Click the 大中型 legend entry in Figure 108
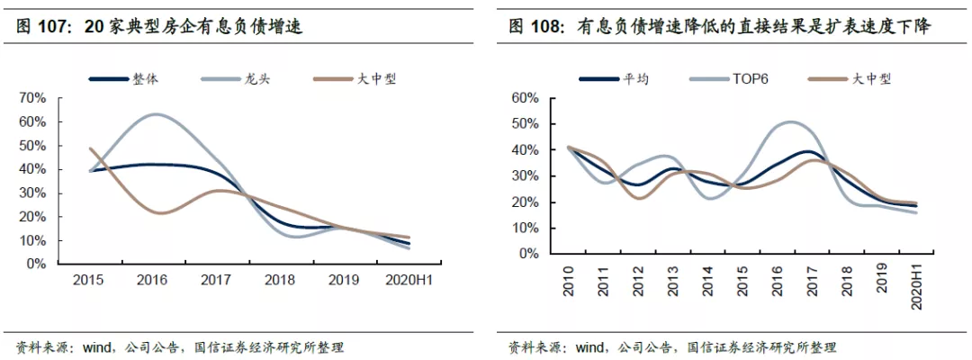(850, 78)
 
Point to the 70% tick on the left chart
(33, 98)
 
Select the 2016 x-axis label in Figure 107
(152, 279)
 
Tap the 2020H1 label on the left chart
(409, 279)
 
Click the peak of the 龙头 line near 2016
(155, 114)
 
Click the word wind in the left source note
(95, 346)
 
